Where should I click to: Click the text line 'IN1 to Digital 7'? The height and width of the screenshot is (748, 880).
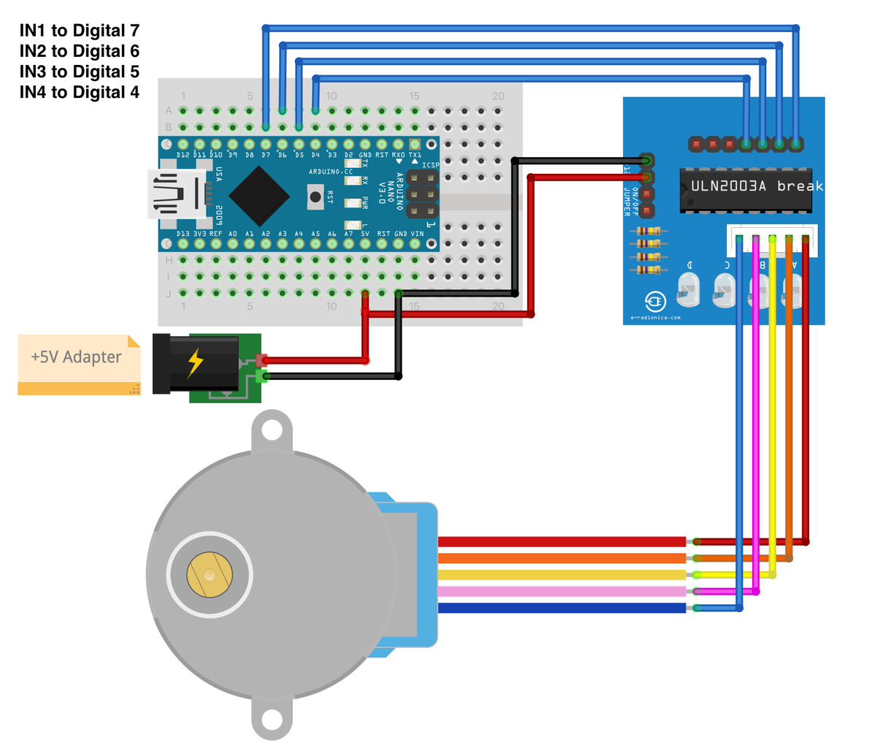(x=79, y=31)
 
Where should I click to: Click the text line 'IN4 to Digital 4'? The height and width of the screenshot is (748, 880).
(x=79, y=93)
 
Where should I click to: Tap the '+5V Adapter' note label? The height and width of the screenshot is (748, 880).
(x=76, y=357)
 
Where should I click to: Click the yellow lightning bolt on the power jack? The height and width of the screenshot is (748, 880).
(x=195, y=363)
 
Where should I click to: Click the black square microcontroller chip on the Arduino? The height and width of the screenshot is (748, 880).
(x=259, y=195)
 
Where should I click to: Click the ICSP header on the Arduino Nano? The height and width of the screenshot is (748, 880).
(x=423, y=194)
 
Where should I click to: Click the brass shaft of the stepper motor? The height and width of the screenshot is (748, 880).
(x=210, y=575)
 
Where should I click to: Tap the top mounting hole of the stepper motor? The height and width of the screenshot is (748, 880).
(x=272, y=430)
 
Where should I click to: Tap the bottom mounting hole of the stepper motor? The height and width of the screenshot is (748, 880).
(x=272, y=720)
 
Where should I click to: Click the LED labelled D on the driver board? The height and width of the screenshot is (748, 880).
(x=689, y=290)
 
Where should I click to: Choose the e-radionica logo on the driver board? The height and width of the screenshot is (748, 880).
(x=655, y=302)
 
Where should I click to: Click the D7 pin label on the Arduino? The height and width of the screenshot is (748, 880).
(x=266, y=155)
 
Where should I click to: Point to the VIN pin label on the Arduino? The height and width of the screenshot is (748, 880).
(x=417, y=234)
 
